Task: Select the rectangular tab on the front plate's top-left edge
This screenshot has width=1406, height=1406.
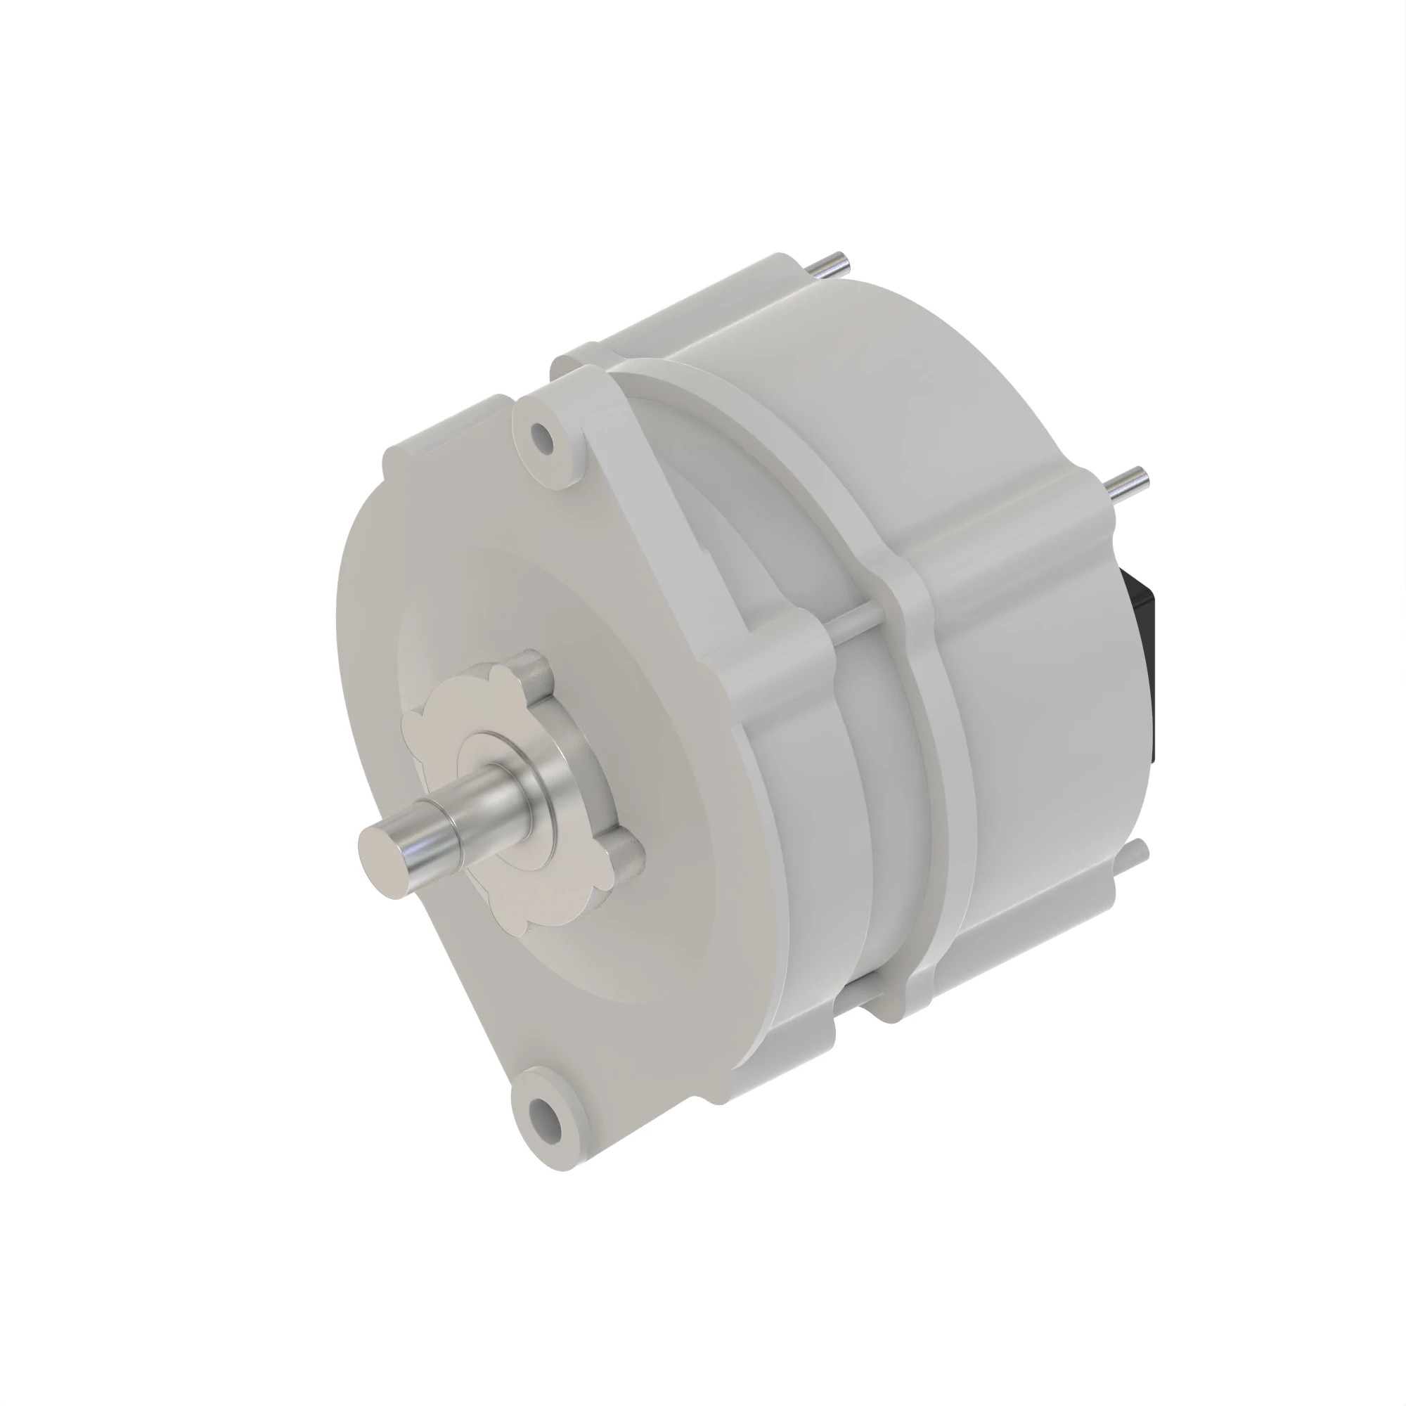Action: click(451, 430)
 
